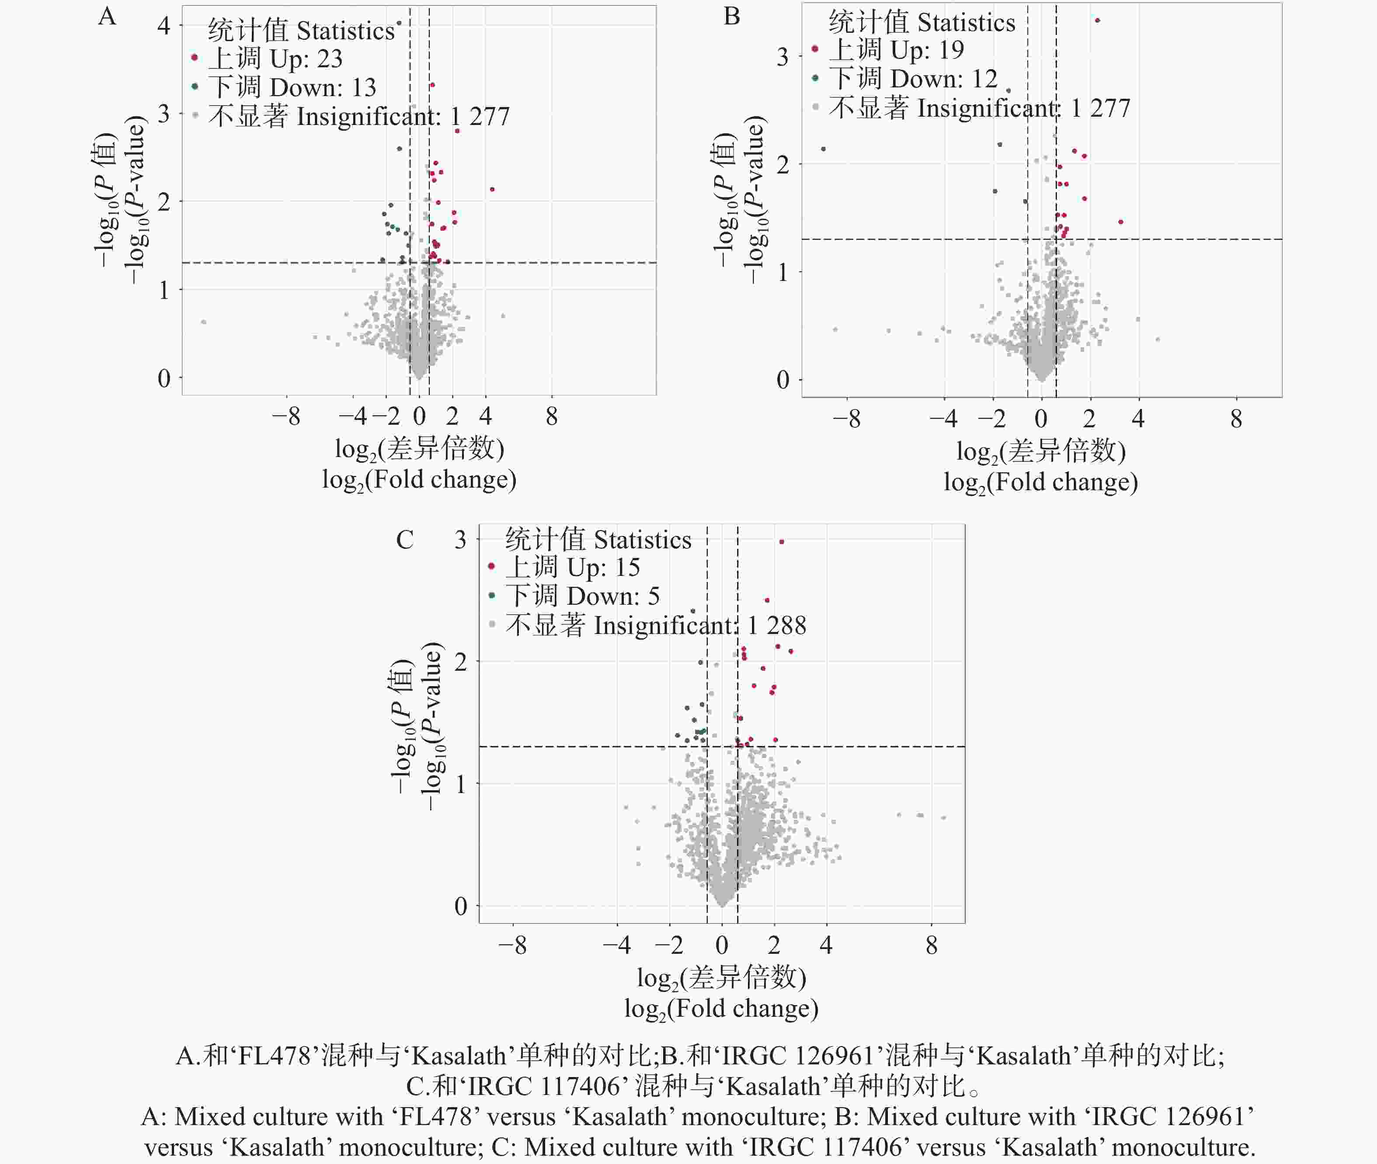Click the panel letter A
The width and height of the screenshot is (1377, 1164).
point(107,16)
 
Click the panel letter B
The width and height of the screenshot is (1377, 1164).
point(731,16)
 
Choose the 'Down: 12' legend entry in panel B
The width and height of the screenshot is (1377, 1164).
point(912,79)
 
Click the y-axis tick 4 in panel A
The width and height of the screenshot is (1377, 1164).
point(163,26)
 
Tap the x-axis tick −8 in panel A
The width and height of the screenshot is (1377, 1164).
point(286,416)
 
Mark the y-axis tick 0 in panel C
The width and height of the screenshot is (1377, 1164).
point(460,906)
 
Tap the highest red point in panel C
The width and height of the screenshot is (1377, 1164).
point(782,542)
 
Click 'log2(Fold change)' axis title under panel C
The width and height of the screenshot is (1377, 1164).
point(722,1008)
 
